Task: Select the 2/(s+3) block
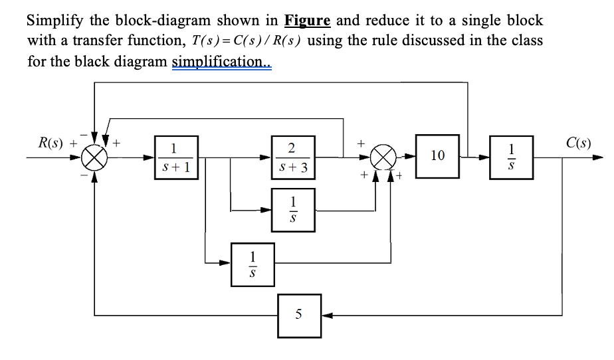coord(293,158)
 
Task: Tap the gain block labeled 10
coord(437,156)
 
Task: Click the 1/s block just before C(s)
coord(510,157)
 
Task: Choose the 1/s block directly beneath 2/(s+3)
coord(293,209)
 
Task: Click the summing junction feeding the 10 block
coord(385,158)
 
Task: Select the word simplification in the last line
coord(222,62)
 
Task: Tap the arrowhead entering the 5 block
coord(326,314)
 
